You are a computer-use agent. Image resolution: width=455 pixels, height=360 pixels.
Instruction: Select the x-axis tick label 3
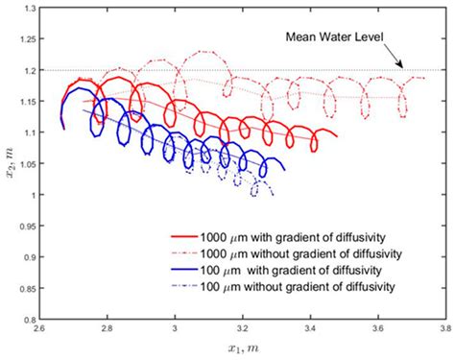(x=175, y=330)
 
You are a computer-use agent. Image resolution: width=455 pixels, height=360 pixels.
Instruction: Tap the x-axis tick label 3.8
(x=443, y=330)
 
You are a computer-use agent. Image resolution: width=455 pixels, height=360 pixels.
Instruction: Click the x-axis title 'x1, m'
(x=240, y=348)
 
